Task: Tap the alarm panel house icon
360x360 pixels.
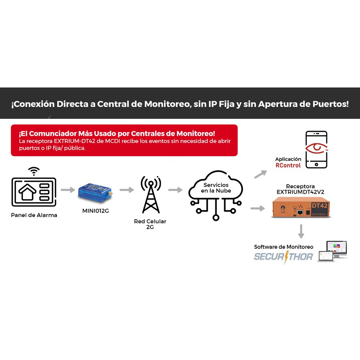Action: pyautogui.click(x=27, y=192)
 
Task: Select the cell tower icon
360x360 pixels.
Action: pyautogui.click(x=151, y=194)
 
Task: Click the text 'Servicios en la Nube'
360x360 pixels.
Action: pyautogui.click(x=216, y=188)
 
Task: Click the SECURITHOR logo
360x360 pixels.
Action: pyautogui.click(x=283, y=257)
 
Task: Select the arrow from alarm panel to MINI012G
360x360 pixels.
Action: pyautogui.click(x=68, y=190)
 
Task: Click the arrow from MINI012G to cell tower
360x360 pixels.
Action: pyautogui.click(x=127, y=190)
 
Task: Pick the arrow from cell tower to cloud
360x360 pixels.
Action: pyautogui.click(x=175, y=190)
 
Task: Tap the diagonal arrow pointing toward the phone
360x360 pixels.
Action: pyautogui.click(x=261, y=174)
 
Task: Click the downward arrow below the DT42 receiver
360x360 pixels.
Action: pyautogui.click(x=301, y=231)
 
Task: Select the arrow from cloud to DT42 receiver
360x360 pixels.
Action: pyautogui.click(x=258, y=208)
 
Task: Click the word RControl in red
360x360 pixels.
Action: pyautogui.click(x=288, y=165)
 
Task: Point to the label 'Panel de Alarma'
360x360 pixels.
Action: pyautogui.click(x=34, y=215)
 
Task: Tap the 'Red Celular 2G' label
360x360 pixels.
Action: pyautogui.click(x=150, y=224)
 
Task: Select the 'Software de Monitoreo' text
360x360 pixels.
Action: pyautogui.click(x=284, y=247)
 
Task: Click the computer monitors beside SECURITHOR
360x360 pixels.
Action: pyautogui.click(x=333, y=251)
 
